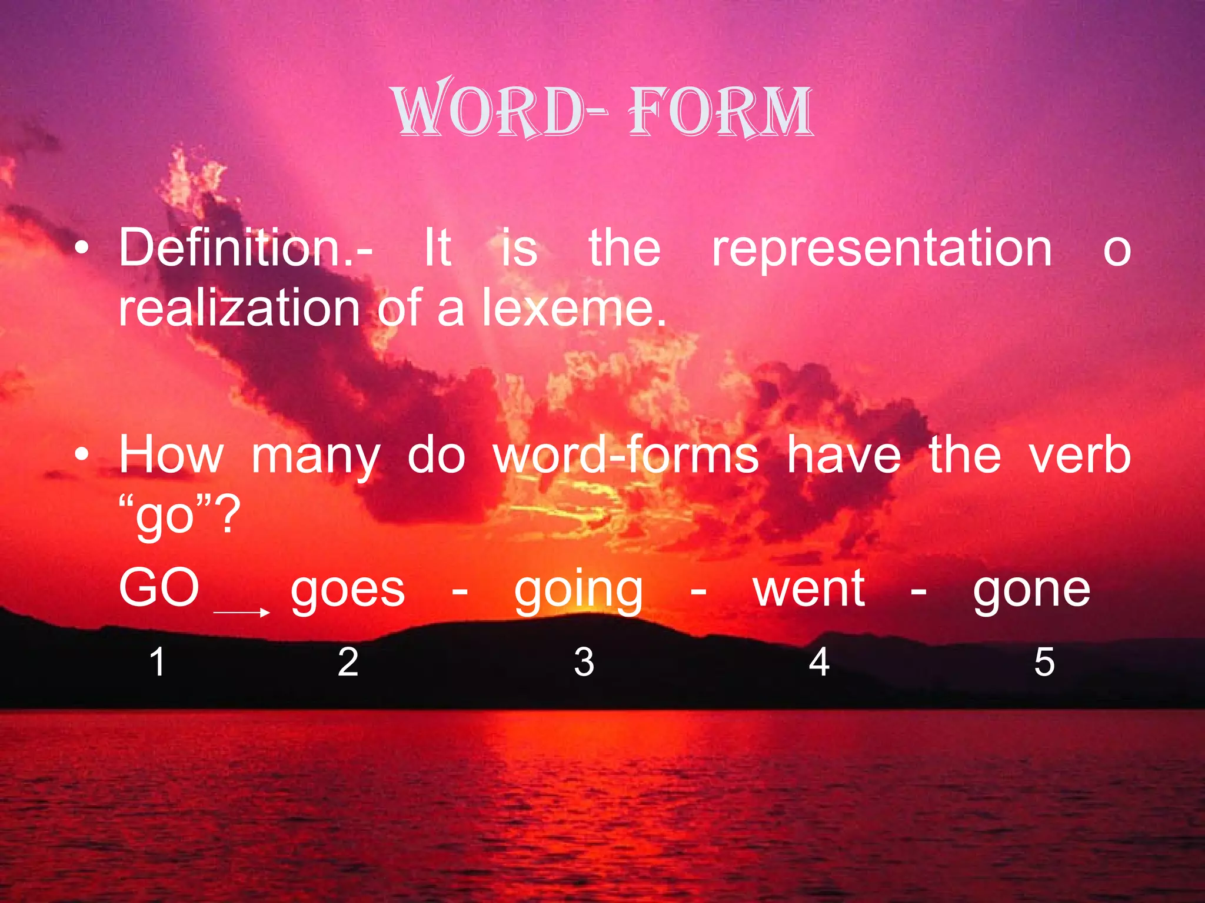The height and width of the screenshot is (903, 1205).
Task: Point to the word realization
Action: tap(239, 308)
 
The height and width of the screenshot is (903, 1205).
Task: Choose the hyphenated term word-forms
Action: tap(626, 455)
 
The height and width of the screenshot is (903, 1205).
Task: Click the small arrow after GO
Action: tap(241, 613)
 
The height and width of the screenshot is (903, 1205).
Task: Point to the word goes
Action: tap(348, 590)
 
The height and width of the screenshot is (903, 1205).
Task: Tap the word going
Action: tap(579, 591)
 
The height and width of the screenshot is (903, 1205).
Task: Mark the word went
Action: tap(809, 589)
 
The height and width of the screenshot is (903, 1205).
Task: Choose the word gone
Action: tap(1031, 590)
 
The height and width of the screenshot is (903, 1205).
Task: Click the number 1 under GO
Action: tap(157, 662)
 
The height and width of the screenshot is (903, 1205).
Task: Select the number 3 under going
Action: tap(584, 662)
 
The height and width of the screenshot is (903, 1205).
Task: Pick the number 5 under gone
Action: tap(1044, 662)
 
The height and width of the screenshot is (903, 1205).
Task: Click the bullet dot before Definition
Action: tap(82, 249)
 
